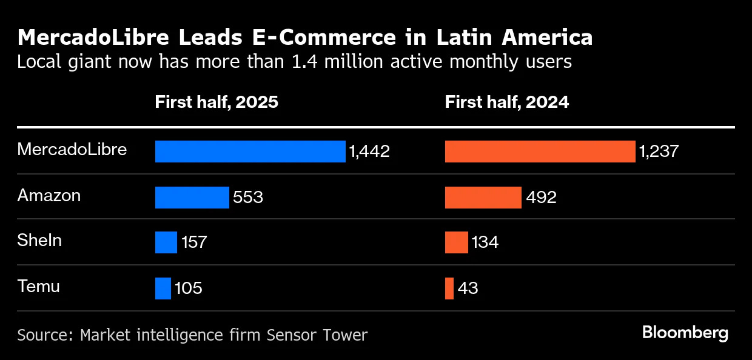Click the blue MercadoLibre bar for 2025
pos(250,152)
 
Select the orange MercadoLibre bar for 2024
pos(540,152)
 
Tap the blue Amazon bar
pos(192,198)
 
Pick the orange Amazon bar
pos(483,198)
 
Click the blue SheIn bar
pos(166,242)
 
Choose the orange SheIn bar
pos(456,242)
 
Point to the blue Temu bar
pos(163,288)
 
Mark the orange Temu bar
pos(449,288)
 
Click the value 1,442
pos(369,152)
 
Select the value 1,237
pos(658,152)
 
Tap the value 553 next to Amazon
pos(247,198)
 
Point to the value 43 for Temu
pos(468,288)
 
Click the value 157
pos(194,242)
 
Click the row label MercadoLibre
pos(72,150)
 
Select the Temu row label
pos(38,286)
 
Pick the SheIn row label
pos(39,241)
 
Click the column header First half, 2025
pos(217,102)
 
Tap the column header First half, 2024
pos(507,102)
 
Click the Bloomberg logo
pos(685,333)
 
